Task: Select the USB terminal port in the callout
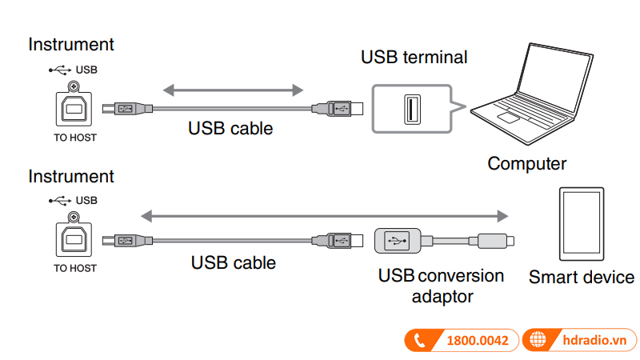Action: pyautogui.click(x=410, y=109)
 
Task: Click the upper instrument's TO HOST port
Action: pyautogui.click(x=73, y=109)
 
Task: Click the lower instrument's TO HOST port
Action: pyautogui.click(x=73, y=239)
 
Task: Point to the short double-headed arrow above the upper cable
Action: pyautogui.click(x=232, y=88)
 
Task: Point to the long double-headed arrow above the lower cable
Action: pyautogui.click(x=324, y=215)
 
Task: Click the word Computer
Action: pyautogui.click(x=526, y=164)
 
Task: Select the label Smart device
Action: pyautogui.click(x=582, y=278)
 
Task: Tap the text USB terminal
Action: pyautogui.click(x=414, y=57)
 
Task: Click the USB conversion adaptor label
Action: pyautogui.click(x=442, y=286)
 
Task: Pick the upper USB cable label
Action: pyautogui.click(x=230, y=127)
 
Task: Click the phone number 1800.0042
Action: pyautogui.click(x=477, y=340)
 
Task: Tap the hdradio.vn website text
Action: pyautogui.click(x=592, y=340)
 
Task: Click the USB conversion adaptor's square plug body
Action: pyautogui.click(x=398, y=239)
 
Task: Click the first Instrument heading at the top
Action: pyautogui.click(x=71, y=45)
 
